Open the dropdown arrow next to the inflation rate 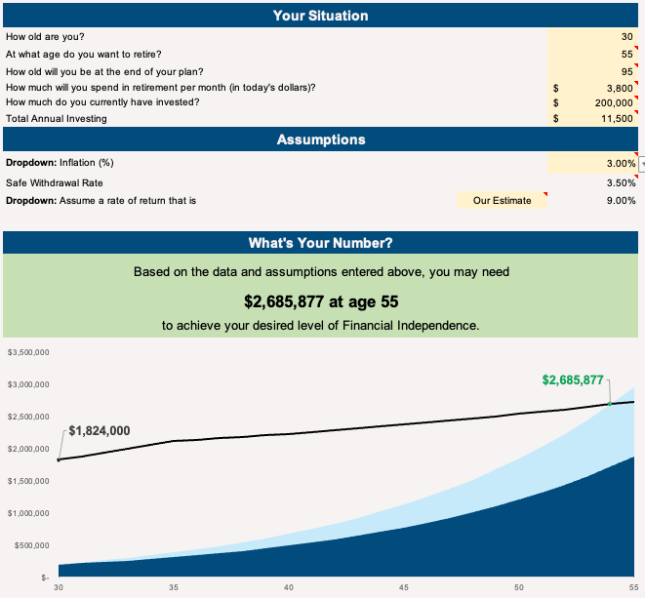pos(641,163)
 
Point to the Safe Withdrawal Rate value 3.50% pos(620,181)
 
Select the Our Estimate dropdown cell pos(502,200)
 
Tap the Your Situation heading pos(321,16)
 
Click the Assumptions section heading pos(321,140)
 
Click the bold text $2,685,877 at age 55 pos(321,300)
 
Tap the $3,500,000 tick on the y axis pos(28,351)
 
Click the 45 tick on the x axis pos(404,586)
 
